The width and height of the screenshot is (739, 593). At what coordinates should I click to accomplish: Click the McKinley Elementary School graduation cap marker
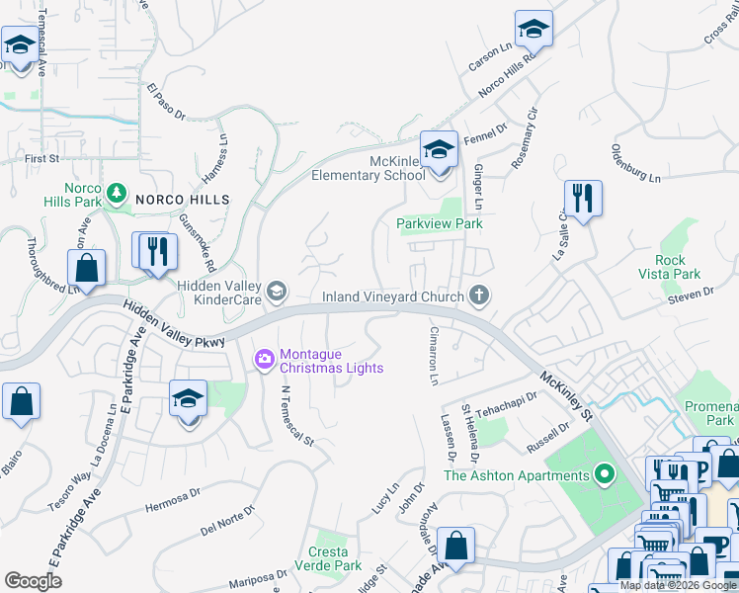point(440,151)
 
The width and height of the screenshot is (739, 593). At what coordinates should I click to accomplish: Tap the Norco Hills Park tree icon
point(117,192)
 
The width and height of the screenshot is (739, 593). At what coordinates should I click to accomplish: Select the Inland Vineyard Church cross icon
point(479,296)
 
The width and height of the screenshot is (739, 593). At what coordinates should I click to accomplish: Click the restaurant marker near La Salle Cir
point(583,199)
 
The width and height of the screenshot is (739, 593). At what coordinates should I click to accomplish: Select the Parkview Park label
point(440,224)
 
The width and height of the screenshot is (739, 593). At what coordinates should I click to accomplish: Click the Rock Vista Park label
point(670,267)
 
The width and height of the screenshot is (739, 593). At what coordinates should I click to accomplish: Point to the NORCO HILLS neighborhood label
point(183,200)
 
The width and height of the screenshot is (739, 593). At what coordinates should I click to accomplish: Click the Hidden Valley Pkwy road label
point(176,326)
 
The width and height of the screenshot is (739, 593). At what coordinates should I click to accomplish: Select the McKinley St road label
point(566,392)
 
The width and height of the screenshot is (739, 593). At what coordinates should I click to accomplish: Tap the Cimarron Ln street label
point(433,356)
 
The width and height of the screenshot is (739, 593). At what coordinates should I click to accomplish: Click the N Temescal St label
point(296,414)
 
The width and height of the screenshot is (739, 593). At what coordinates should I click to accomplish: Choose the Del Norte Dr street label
point(227,520)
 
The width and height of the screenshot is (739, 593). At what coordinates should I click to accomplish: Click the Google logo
point(34,580)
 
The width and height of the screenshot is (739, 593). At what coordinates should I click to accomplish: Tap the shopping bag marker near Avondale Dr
point(456,545)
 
